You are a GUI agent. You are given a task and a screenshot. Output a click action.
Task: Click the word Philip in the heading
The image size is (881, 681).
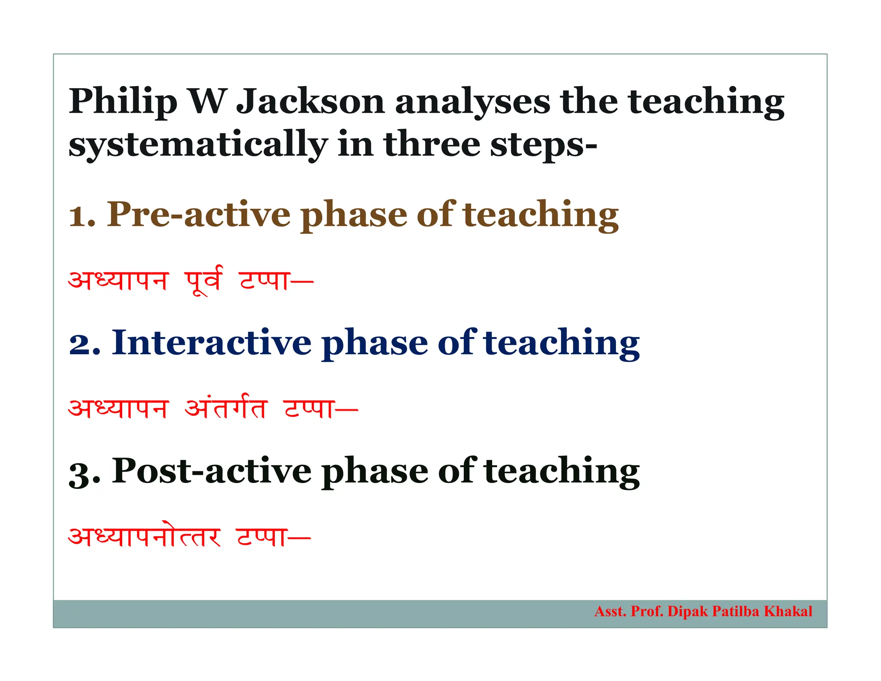[x=123, y=102]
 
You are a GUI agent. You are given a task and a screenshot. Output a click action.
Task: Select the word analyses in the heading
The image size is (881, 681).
[x=472, y=102]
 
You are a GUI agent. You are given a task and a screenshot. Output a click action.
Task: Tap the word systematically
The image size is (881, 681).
[x=198, y=145]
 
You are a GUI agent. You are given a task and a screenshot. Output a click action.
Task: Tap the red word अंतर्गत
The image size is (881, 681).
[x=226, y=408]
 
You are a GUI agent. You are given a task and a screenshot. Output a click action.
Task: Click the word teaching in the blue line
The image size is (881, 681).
[x=561, y=343]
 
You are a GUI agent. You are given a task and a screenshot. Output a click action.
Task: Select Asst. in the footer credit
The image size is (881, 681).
[x=610, y=611]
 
